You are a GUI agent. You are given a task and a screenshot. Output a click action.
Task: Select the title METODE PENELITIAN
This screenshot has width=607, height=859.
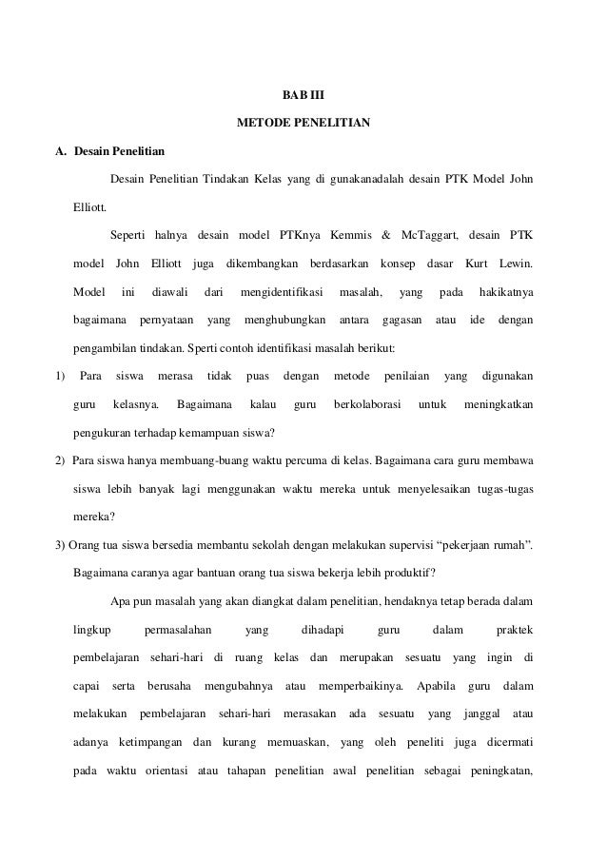pyautogui.click(x=303, y=124)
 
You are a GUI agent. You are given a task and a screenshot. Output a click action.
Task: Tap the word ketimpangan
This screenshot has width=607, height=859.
pyautogui.click(x=149, y=741)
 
